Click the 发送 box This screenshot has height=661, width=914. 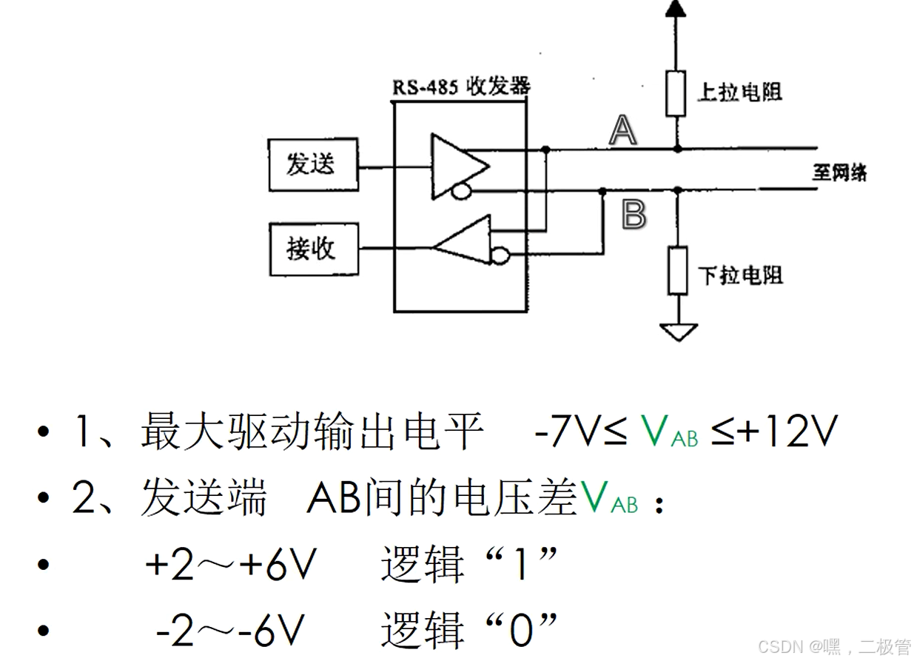(312, 163)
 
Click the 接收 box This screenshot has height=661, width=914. (312, 249)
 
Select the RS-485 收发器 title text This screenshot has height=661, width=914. (461, 87)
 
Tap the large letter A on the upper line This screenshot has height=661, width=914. (622, 131)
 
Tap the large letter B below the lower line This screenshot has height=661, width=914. (634, 215)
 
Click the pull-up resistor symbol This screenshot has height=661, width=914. (675, 93)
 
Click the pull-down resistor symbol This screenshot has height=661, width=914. (676, 270)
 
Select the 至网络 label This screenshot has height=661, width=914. (839, 172)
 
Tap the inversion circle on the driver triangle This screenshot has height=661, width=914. (461, 192)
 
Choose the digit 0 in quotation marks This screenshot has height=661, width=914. (521, 631)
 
